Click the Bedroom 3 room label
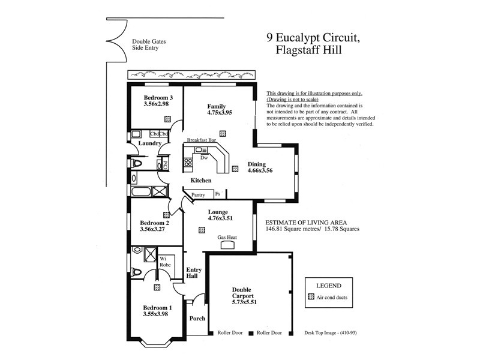pos(158,98)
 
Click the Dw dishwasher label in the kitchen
pos(204,158)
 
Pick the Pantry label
pos(199,194)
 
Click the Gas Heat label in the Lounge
pos(227,237)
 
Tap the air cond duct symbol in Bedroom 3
pos(167,119)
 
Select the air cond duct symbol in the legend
pos(311,296)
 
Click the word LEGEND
pos(328,285)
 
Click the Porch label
pos(197,319)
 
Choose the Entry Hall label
pos(193,273)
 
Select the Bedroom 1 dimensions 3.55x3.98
pos(155,313)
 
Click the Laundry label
pos(149,143)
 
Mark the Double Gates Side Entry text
pos(149,44)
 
